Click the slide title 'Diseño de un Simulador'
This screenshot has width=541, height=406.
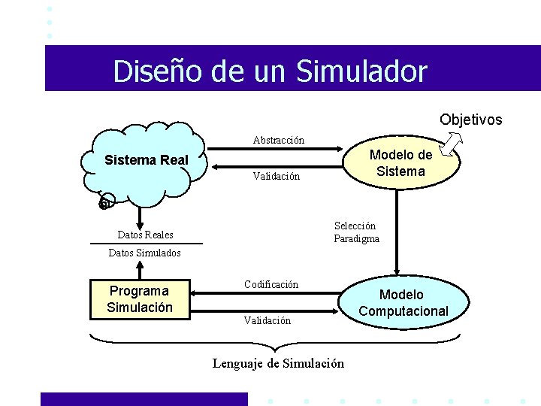(x=270, y=71)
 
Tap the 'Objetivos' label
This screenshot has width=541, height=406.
(x=470, y=120)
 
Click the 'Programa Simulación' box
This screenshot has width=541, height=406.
(x=140, y=299)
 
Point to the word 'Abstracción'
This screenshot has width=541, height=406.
(x=278, y=140)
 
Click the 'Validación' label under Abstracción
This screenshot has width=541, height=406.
(x=276, y=177)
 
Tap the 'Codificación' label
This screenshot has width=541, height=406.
(x=270, y=284)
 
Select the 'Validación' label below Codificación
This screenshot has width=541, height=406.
(x=267, y=321)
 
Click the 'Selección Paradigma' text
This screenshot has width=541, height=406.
(x=356, y=232)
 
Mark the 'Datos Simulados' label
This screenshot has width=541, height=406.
(x=144, y=253)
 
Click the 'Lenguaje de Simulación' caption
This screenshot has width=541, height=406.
(x=278, y=364)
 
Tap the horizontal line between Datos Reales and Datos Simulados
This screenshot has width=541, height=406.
(x=145, y=244)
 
